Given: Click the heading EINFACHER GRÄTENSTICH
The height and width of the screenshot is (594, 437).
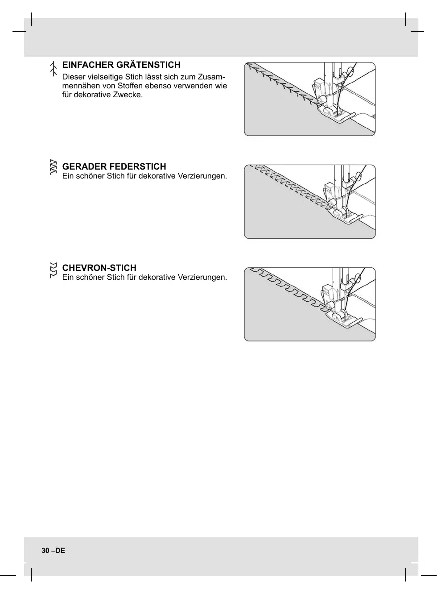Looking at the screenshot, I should tap(121, 65).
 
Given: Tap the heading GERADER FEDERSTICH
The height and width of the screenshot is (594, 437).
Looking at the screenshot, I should tap(114, 166).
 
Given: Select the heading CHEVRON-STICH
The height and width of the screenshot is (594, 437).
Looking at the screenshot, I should tap(99, 268).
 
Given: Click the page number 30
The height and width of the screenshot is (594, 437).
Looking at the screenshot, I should tap(45, 551).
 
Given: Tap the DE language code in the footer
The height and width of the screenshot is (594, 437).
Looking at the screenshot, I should tap(60, 551).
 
